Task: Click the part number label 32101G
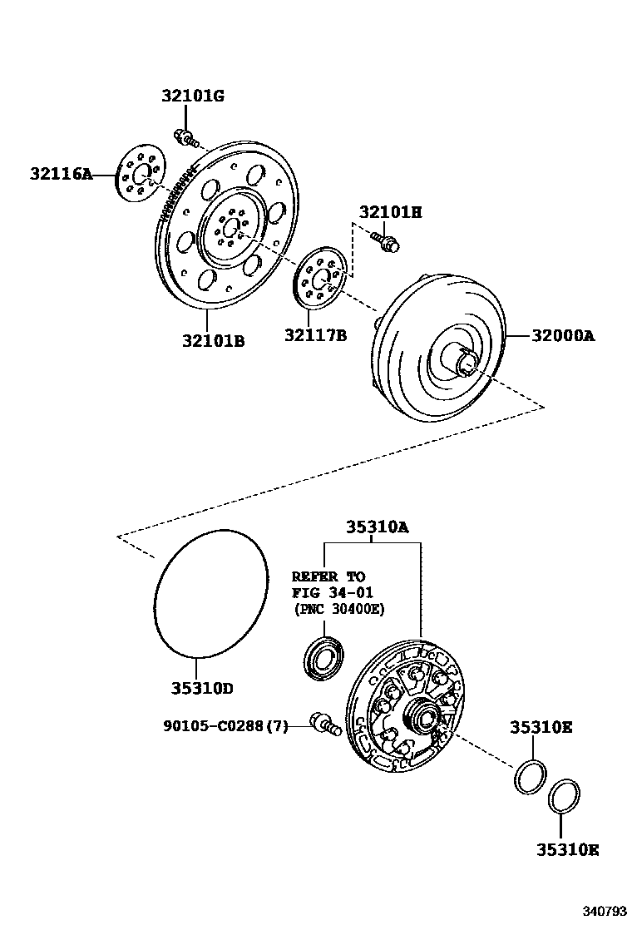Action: pos(192,96)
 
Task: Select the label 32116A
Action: pos(61,174)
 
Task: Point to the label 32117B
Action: pos(315,335)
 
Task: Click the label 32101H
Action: pos(390,212)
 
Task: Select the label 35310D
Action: pos(202,689)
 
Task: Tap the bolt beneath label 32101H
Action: pos(388,242)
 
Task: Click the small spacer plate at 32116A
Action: pos(139,174)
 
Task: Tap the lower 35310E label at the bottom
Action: pos(567,849)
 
